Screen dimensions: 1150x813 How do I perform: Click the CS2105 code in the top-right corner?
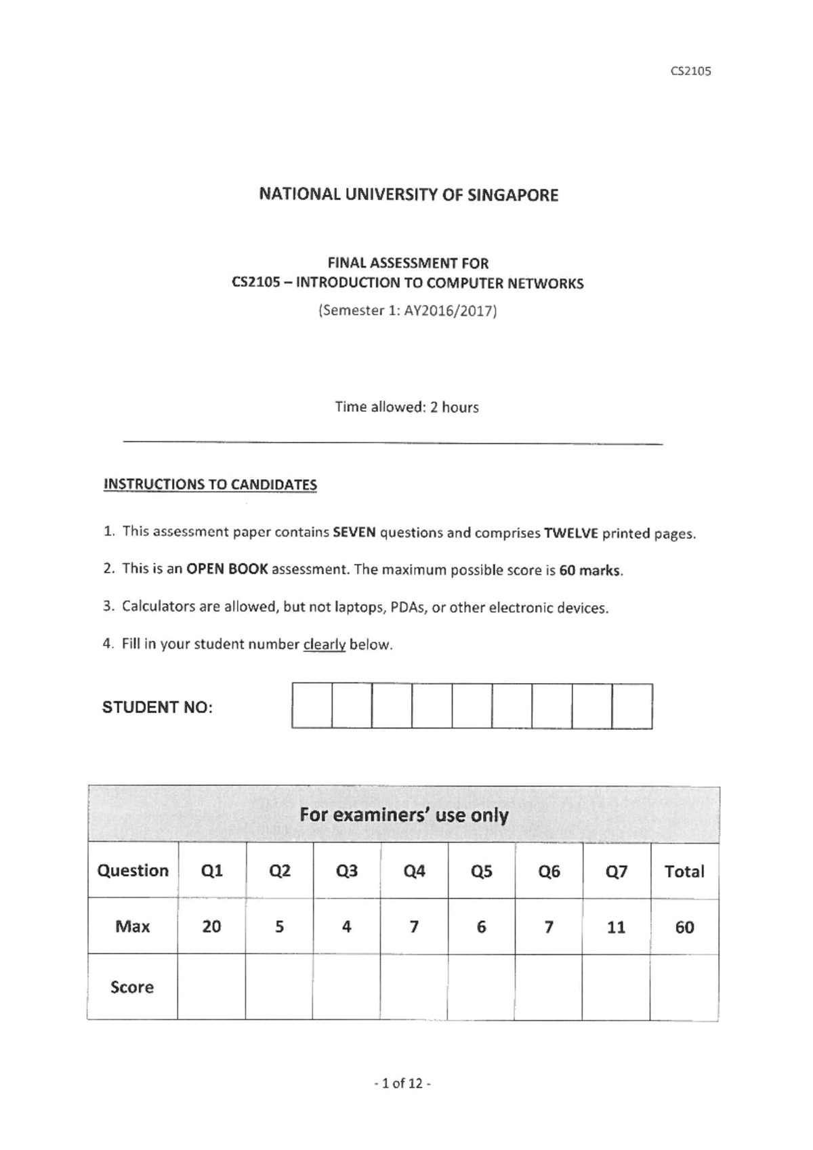(690, 71)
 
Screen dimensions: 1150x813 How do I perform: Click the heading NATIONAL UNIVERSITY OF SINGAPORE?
(409, 195)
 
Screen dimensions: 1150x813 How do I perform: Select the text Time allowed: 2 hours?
(406, 407)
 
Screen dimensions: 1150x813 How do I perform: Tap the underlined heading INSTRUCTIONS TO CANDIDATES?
(210, 485)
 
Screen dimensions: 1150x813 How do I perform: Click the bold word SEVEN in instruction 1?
(354, 533)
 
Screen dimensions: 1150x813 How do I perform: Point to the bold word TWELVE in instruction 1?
(570, 533)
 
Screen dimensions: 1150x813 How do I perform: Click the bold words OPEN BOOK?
(227, 569)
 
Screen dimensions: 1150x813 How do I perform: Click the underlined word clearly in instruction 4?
(324, 644)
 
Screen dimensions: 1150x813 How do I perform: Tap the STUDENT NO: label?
(157, 707)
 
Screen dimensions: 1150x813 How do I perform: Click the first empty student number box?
(312, 706)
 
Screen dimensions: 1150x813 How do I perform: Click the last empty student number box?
(632, 706)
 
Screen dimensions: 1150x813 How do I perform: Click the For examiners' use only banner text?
(404, 815)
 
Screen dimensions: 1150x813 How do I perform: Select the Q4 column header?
(414, 871)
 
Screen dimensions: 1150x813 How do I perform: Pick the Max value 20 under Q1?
(211, 926)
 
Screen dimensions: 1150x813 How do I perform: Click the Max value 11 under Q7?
(616, 927)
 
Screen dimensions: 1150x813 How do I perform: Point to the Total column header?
(684, 871)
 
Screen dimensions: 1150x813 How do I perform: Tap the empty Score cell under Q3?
(346, 987)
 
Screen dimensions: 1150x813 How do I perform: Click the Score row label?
(132, 987)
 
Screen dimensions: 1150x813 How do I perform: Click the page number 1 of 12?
(402, 1084)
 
